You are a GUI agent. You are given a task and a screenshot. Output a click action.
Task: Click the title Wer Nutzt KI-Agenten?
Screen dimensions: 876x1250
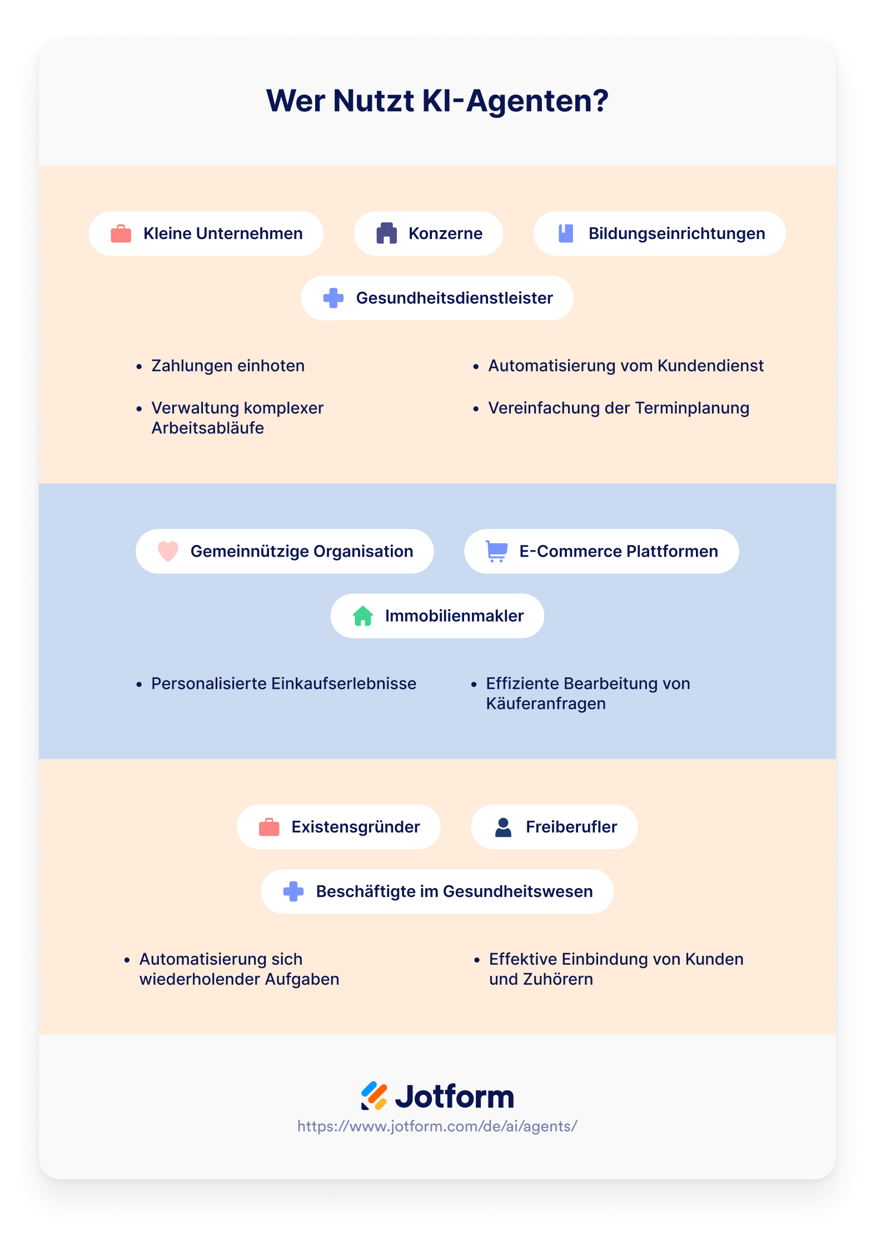pyautogui.click(x=437, y=101)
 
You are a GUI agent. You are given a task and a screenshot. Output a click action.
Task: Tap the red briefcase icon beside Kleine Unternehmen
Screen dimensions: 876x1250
pyautogui.click(x=121, y=234)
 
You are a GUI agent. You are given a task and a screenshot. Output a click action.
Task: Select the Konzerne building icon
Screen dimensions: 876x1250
pyautogui.click(x=386, y=234)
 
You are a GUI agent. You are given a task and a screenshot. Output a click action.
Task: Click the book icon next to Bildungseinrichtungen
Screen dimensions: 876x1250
pyautogui.click(x=566, y=234)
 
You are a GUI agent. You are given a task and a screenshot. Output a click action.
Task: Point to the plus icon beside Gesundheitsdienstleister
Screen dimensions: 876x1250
pyautogui.click(x=334, y=298)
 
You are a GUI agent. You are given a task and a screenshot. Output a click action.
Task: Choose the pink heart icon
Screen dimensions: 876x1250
pyautogui.click(x=168, y=551)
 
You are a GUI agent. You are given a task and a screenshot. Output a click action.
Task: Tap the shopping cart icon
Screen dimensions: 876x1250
pyautogui.click(x=496, y=551)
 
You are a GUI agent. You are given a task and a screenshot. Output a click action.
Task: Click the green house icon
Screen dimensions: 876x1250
pyautogui.click(x=362, y=616)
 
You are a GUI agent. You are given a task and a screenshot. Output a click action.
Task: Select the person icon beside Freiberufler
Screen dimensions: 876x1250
pyautogui.click(x=503, y=827)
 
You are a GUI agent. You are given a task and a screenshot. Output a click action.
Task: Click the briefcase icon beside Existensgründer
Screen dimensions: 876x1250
pyautogui.click(x=269, y=827)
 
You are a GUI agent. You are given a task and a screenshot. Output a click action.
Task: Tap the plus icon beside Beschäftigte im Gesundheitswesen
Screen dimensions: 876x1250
pyautogui.click(x=293, y=891)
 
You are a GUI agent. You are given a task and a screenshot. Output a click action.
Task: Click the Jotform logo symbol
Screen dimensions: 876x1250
pyautogui.click(x=374, y=1096)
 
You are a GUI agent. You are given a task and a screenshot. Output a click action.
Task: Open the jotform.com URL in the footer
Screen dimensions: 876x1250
pyautogui.click(x=437, y=1126)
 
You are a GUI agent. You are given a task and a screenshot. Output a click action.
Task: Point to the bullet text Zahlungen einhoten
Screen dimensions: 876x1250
pyautogui.click(x=228, y=366)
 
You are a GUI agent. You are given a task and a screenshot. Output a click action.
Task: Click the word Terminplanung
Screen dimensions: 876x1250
pyautogui.click(x=692, y=408)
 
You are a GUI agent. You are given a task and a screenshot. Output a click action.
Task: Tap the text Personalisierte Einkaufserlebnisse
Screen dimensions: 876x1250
pyautogui.click(x=283, y=684)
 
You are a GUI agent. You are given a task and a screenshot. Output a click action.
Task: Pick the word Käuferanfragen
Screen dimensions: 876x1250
pyautogui.click(x=546, y=704)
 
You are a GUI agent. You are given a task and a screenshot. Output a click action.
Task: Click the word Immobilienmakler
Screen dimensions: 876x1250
pyautogui.click(x=454, y=616)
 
